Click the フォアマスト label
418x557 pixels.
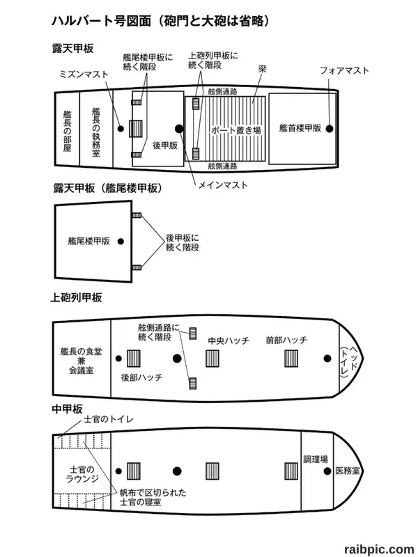click(x=344, y=71)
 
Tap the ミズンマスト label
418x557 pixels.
click(x=84, y=74)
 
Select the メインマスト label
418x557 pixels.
click(x=223, y=185)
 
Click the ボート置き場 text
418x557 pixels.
click(x=235, y=130)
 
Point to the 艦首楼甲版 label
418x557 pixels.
click(x=300, y=128)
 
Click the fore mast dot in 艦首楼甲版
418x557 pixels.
click(x=330, y=129)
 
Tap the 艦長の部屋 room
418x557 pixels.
click(x=67, y=130)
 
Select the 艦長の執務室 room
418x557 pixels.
click(x=96, y=130)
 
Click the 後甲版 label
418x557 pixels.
click(x=165, y=146)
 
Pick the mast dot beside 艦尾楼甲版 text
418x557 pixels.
click(x=121, y=242)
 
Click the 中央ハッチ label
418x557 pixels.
click(x=229, y=340)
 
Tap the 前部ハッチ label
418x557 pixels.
click(x=286, y=340)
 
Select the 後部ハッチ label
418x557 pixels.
click(x=141, y=377)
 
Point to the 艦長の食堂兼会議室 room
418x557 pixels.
click(x=82, y=359)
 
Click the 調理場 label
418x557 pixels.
click(x=316, y=460)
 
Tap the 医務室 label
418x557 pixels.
click(x=348, y=471)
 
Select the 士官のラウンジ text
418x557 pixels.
click(x=82, y=474)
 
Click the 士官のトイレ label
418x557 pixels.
click(x=109, y=419)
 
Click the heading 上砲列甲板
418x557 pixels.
click(x=76, y=297)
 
